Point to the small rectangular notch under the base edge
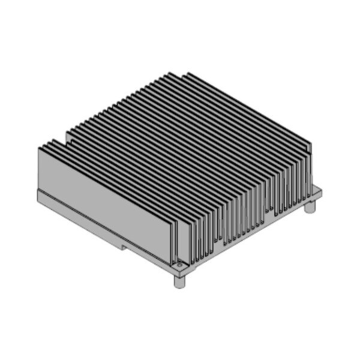(x=123, y=246)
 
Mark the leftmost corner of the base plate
(x=37, y=193)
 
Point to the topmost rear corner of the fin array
(x=188, y=73)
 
